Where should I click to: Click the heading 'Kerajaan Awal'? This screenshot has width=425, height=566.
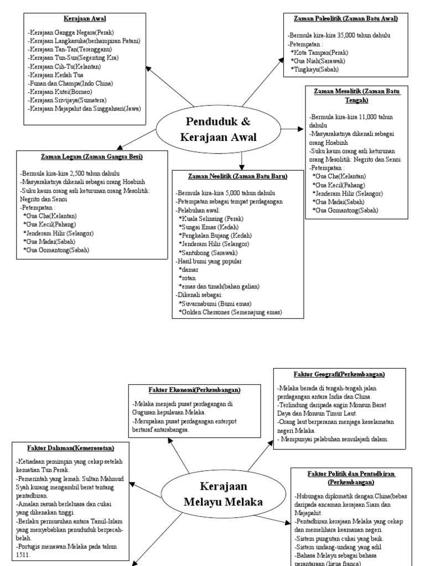(85, 18)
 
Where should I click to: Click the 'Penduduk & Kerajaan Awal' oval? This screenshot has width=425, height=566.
(218, 130)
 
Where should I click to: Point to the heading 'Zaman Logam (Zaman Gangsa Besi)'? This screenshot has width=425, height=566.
(91, 157)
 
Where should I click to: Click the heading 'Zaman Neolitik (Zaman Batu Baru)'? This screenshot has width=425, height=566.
(238, 176)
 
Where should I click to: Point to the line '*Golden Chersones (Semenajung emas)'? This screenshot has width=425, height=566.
(230, 312)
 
